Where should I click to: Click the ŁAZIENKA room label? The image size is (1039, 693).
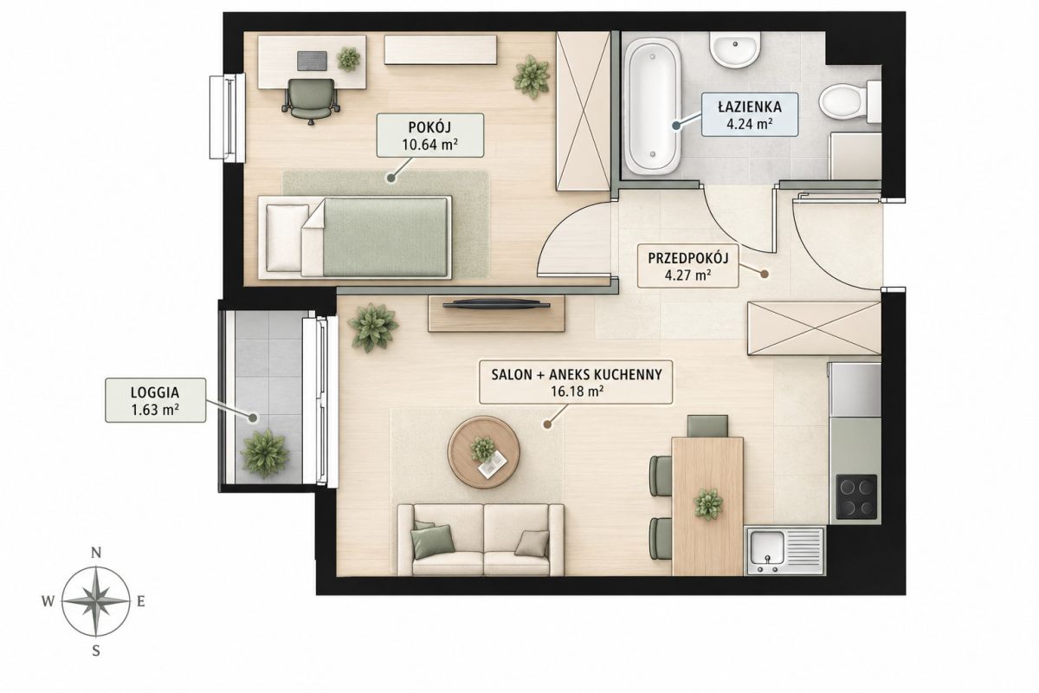tap(750, 107)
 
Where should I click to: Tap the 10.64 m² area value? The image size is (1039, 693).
tap(430, 145)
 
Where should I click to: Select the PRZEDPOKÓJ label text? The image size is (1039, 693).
tap(687, 258)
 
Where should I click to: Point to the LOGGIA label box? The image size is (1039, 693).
tap(155, 400)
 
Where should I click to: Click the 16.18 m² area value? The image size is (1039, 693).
tap(577, 392)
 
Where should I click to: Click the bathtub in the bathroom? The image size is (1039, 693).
tap(652, 107)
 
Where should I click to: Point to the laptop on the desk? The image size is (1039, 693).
tap(311, 61)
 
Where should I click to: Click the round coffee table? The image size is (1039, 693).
tap(483, 451)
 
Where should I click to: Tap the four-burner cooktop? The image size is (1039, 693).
tap(856, 496)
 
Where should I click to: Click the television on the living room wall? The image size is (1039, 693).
tap(496, 304)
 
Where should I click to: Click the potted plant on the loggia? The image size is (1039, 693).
tap(265, 454)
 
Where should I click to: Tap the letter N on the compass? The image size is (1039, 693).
tap(96, 553)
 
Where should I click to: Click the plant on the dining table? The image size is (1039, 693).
tap(708, 503)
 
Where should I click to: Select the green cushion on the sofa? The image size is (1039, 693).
tap(433, 541)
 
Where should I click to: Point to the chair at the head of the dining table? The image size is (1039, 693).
tap(707, 426)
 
